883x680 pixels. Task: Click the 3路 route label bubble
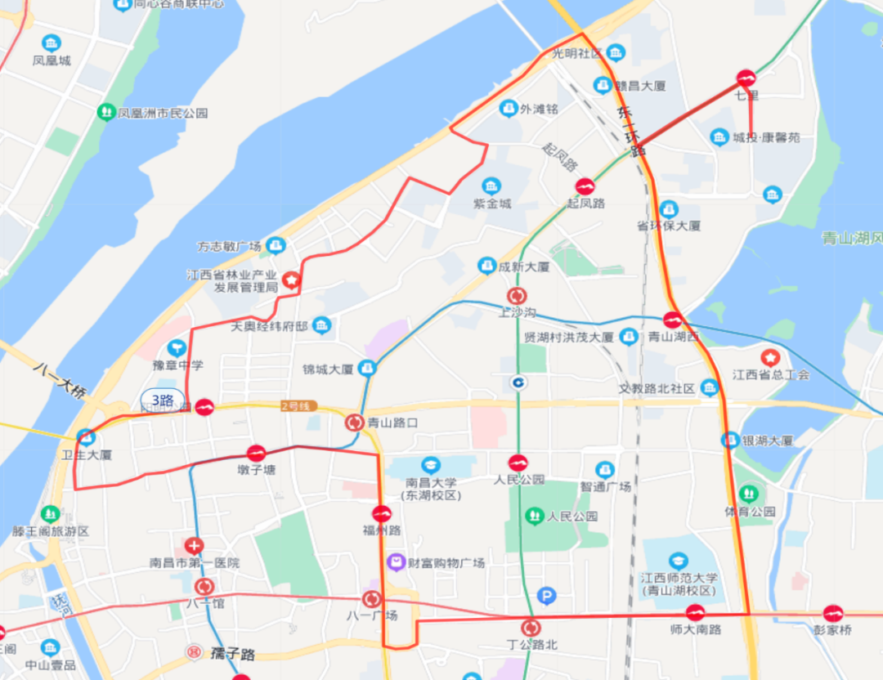point(162,400)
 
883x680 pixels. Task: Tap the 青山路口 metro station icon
point(353,423)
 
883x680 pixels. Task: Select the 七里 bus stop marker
point(746,78)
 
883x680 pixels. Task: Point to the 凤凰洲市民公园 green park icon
point(105,112)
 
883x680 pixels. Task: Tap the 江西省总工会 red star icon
point(769,357)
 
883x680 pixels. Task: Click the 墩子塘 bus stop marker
point(256,453)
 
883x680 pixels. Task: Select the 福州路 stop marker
point(382,514)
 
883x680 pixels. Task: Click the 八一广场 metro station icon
point(372,599)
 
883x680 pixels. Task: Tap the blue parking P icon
point(546,596)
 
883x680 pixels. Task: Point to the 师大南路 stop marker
point(695,611)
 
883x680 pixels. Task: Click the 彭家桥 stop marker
point(833,611)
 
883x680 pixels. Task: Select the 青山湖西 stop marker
point(672,320)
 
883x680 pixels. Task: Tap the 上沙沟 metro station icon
point(517,296)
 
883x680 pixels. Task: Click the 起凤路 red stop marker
point(585,186)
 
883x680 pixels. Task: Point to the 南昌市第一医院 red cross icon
point(194,545)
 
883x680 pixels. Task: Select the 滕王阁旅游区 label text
point(51,531)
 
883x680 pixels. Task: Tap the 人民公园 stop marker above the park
point(518,463)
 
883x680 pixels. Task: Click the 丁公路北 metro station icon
point(531,628)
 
